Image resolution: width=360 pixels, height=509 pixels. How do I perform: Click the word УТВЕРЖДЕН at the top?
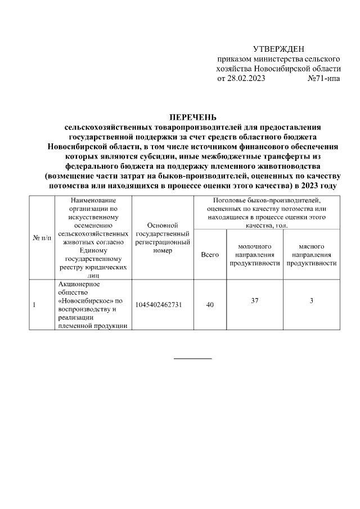tap(278, 50)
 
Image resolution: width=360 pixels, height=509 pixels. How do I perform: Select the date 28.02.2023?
tap(246, 79)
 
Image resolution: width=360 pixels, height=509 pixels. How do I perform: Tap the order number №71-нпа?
tap(323, 79)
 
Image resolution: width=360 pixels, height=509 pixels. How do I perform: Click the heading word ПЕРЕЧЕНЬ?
tap(192, 118)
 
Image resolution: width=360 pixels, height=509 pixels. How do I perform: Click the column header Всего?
tap(210, 255)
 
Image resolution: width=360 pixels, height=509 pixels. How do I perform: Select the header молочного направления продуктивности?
tap(255, 255)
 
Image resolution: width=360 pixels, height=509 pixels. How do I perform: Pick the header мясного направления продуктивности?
tap(311, 255)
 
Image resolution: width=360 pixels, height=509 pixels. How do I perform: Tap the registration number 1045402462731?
tap(162, 305)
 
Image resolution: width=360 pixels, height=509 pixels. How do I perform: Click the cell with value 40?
tap(210, 305)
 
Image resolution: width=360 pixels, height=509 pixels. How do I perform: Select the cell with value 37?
tap(255, 301)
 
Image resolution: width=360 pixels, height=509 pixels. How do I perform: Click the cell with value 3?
tap(311, 301)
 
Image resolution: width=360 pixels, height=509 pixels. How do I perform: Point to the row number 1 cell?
tap(35, 305)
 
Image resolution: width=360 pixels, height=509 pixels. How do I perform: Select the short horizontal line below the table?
tap(192, 358)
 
